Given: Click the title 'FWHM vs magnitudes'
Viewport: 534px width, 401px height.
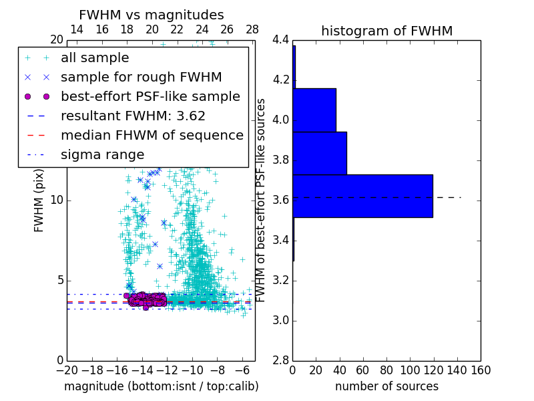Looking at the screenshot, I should (x=152, y=15).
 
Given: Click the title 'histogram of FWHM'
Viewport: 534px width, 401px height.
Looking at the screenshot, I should (x=386, y=31).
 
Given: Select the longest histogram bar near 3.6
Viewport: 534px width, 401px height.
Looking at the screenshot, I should (x=362, y=196).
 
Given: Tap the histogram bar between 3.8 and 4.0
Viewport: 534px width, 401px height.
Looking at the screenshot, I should (x=319, y=153).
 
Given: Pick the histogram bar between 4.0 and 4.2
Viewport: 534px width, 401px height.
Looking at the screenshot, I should (x=314, y=110).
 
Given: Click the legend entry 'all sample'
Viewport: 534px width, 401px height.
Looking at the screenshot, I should (x=95, y=58).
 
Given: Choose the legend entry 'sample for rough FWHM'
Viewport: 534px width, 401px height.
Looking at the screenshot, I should (x=141, y=77).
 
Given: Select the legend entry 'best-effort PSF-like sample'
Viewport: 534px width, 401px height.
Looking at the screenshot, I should (x=150, y=96).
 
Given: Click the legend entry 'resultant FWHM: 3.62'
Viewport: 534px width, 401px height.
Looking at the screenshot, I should (x=133, y=116).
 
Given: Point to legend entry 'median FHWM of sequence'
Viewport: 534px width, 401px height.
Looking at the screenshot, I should (x=152, y=135).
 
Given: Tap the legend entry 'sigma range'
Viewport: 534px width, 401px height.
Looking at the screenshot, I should (x=102, y=154).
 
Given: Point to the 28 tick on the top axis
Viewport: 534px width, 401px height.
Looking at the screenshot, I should (x=252, y=29).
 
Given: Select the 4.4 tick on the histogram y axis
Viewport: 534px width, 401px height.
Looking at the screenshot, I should (x=280, y=40).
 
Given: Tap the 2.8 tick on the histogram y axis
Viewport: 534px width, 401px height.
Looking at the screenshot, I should (x=280, y=360).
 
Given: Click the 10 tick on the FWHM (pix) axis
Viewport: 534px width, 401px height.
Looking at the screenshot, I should (x=56, y=200).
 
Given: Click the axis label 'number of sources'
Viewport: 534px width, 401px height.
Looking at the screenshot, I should (x=386, y=386).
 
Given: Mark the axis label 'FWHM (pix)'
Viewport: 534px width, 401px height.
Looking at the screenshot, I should (x=39, y=207).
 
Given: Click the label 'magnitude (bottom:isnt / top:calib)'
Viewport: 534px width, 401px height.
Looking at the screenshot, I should (x=161, y=386).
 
